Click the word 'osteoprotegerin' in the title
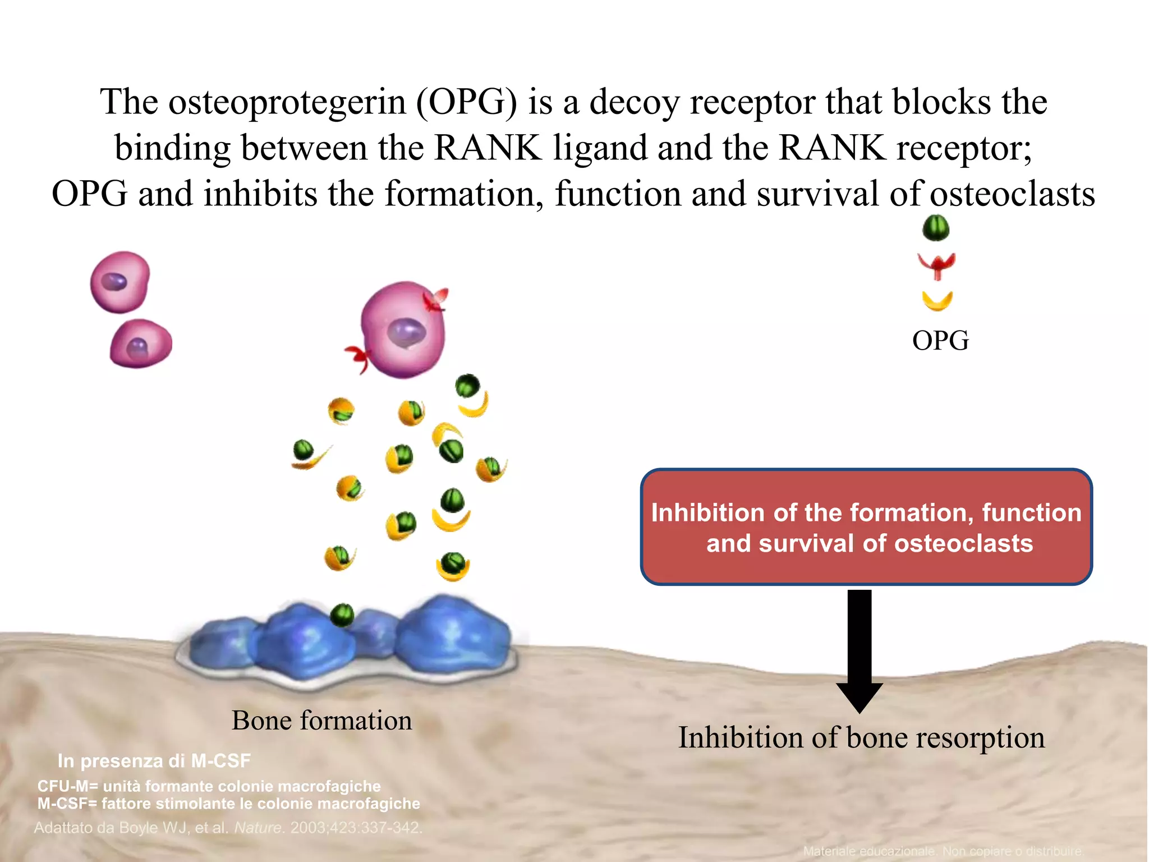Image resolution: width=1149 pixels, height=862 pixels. point(287,103)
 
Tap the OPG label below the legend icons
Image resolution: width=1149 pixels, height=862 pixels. point(940,341)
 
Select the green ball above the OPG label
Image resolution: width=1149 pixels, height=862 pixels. point(936,228)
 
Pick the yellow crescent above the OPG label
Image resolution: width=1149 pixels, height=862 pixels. point(937,301)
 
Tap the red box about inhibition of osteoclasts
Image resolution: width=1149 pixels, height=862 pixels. point(866,528)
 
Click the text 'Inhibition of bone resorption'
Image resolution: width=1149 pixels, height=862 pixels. point(861,737)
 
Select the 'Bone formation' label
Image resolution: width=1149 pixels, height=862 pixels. point(321,721)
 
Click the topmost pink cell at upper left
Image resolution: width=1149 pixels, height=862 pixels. point(120,282)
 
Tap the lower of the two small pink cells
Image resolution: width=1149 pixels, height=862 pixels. point(140,344)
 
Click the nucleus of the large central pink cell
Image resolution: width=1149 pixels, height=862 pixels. point(407,332)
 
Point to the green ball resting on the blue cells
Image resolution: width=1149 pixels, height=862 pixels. point(342,615)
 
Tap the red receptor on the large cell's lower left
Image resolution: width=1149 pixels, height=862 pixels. point(358,357)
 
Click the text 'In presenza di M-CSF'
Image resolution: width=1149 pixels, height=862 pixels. point(154,761)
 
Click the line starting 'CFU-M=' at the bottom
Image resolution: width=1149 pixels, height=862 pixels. point(209,786)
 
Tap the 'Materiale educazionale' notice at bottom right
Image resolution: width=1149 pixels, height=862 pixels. point(943,851)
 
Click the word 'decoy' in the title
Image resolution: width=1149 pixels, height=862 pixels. point(634,103)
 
